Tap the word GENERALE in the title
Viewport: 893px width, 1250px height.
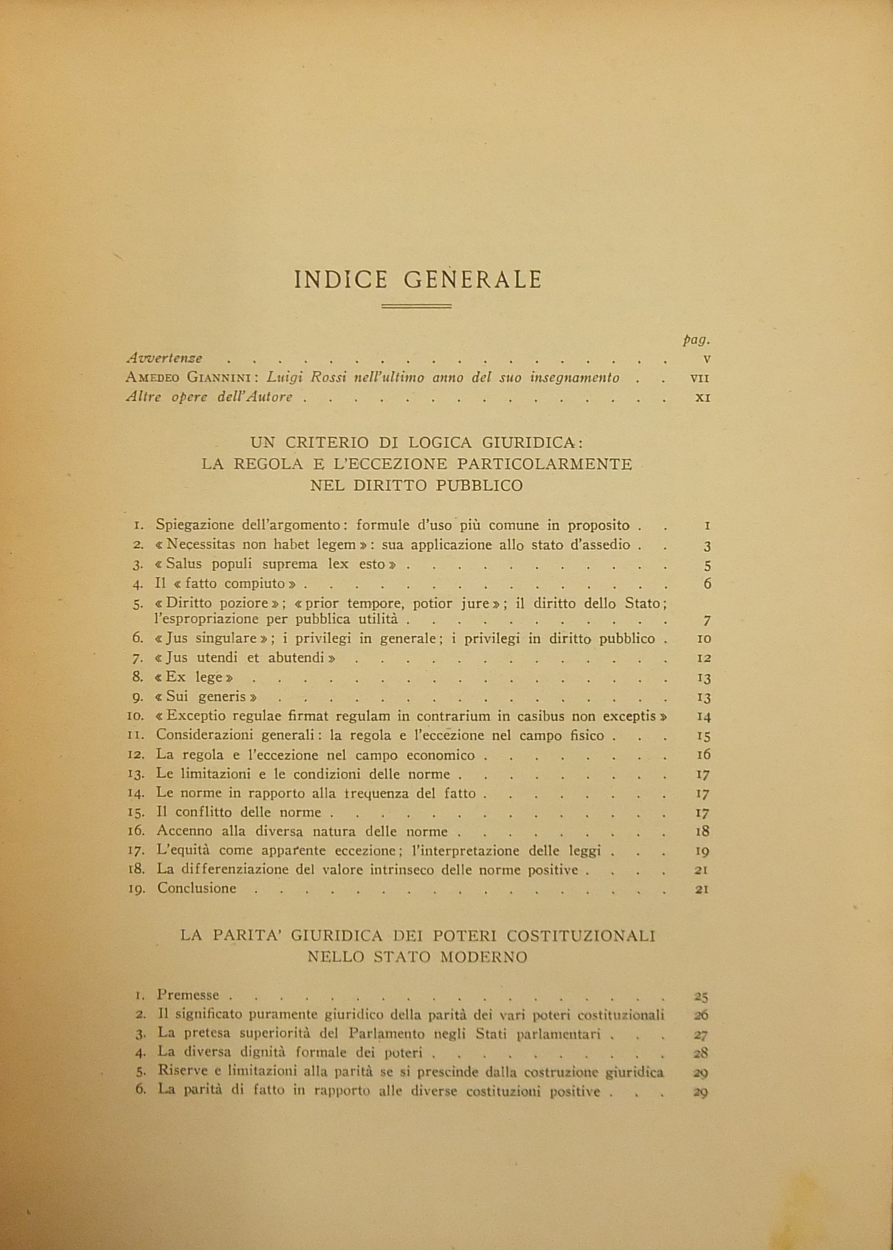coord(473,279)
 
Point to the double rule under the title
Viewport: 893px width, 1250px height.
coord(416,306)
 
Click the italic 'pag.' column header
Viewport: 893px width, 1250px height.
coord(696,340)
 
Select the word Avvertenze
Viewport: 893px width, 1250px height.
coord(165,358)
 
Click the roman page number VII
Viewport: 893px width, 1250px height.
coord(700,378)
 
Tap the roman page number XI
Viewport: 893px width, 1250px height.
coord(703,397)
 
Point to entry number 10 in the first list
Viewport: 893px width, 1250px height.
coord(135,716)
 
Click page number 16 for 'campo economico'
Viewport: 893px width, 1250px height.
coord(703,754)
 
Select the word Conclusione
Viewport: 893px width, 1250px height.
coord(197,888)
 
